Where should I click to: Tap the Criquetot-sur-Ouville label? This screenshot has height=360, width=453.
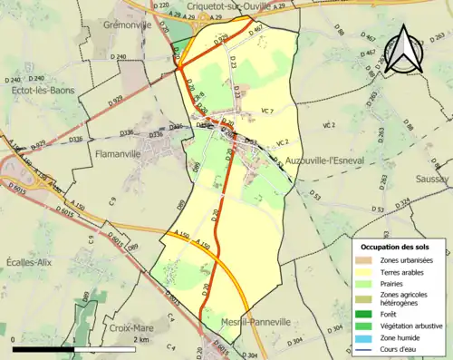(222, 6)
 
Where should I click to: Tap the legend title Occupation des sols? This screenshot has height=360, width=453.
(396, 247)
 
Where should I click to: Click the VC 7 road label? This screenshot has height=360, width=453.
(265, 110)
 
